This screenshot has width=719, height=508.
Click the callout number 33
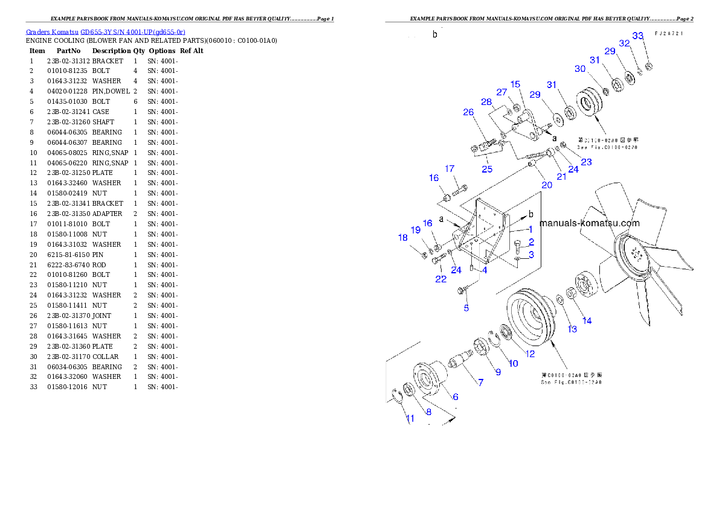[x=638, y=36]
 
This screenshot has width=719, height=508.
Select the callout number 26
[x=468, y=112]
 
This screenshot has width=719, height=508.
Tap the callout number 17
[x=450, y=169]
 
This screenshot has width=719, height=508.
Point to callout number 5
[x=466, y=308]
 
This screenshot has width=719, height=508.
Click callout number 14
[x=587, y=320]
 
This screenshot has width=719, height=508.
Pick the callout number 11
[x=410, y=418]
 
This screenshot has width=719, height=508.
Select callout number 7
[x=480, y=382]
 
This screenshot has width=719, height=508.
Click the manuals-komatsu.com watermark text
[x=589, y=223]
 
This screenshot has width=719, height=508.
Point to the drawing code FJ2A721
[x=669, y=34]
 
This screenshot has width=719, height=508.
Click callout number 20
[x=547, y=185]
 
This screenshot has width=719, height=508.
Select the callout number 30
[x=580, y=69]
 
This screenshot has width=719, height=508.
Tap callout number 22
[x=441, y=279]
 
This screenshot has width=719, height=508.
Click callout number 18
[x=403, y=238]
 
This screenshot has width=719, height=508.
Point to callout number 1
[x=530, y=229]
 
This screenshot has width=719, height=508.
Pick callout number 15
[x=515, y=84]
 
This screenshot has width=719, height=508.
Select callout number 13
[x=572, y=329]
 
